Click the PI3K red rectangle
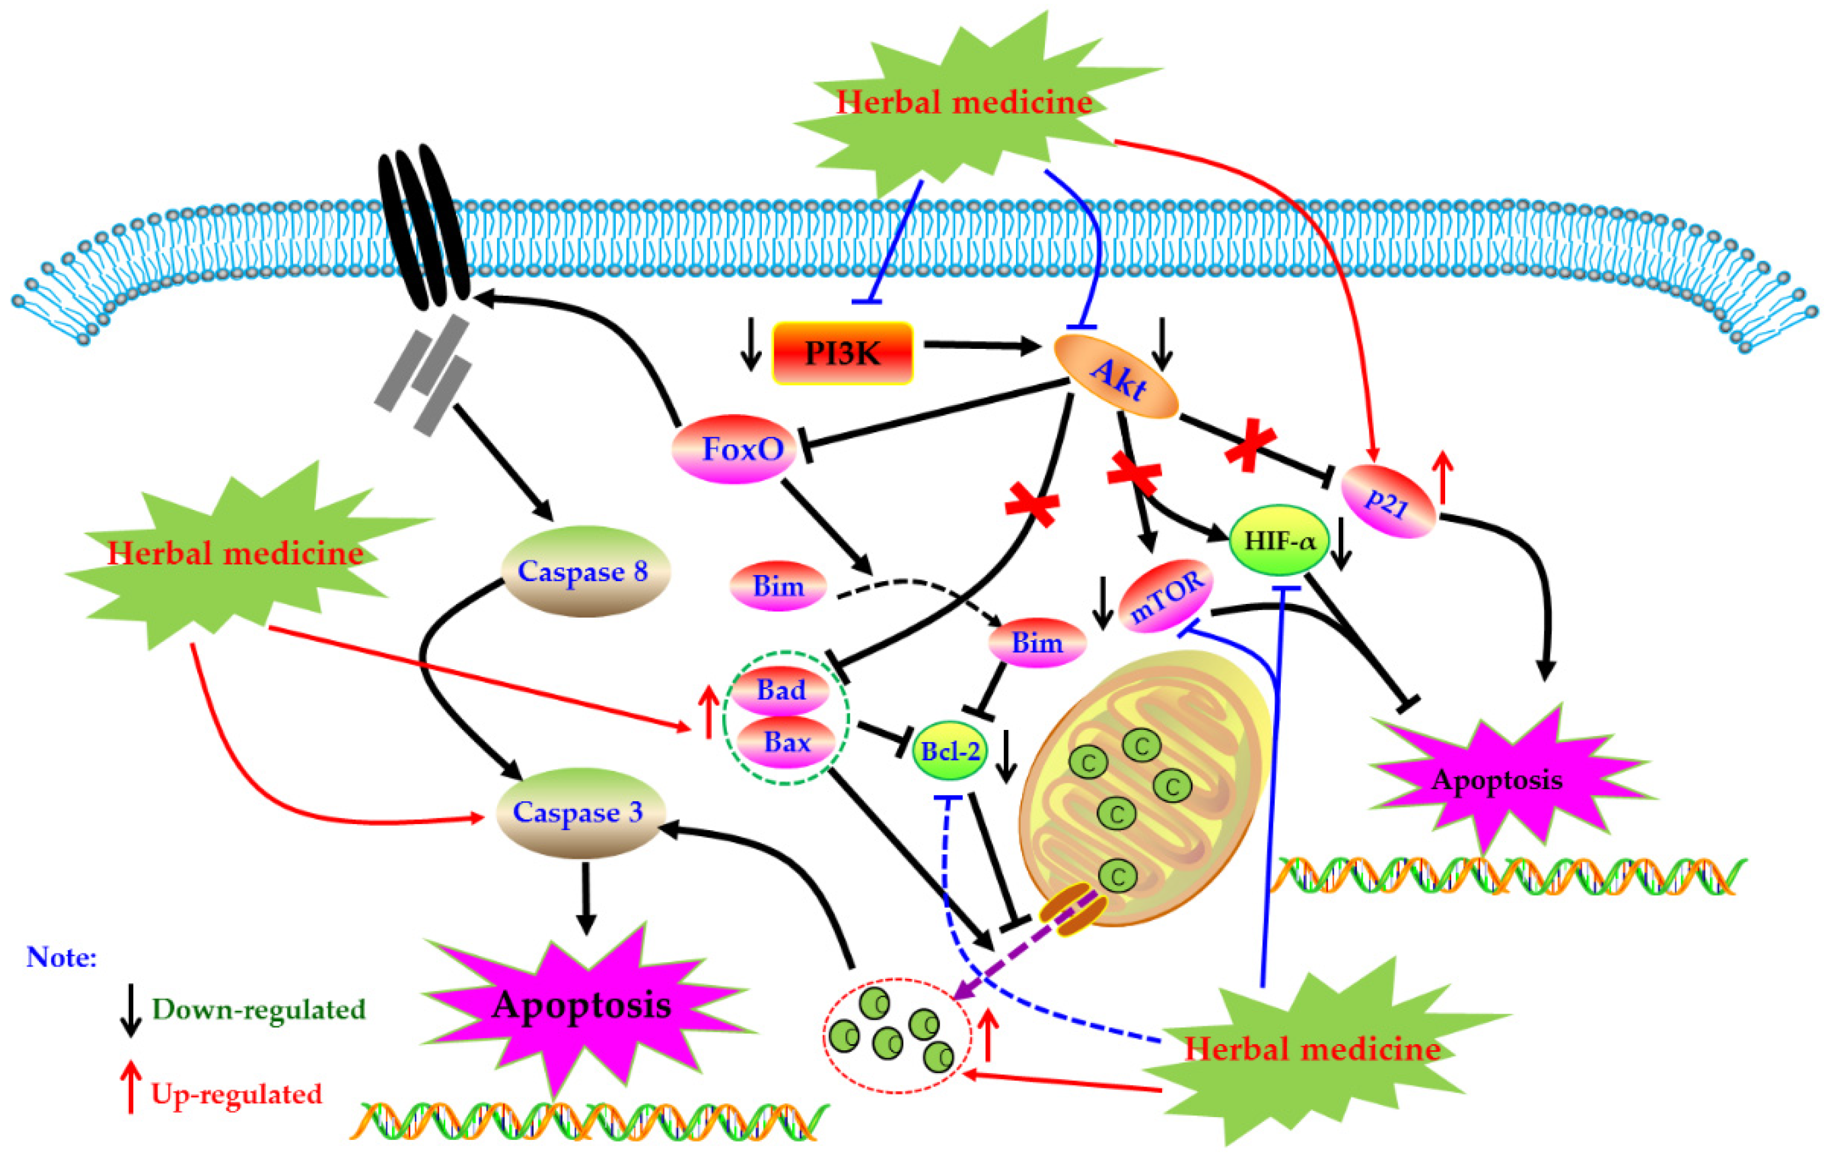coord(842,353)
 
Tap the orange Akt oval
coord(1116,378)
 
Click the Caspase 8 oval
coord(585,571)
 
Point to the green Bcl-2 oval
coord(950,750)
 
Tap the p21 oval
coord(1388,501)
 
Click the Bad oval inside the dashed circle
coord(781,690)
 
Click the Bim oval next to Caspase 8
coord(778,586)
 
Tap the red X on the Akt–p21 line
coord(1250,448)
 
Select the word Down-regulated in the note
coord(259,1009)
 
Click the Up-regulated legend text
coord(237,1094)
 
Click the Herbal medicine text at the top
coord(964,103)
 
